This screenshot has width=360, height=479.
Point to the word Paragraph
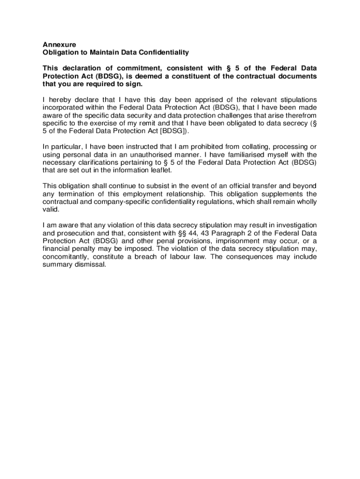[232, 233]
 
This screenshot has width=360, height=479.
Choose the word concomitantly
[67, 257]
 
